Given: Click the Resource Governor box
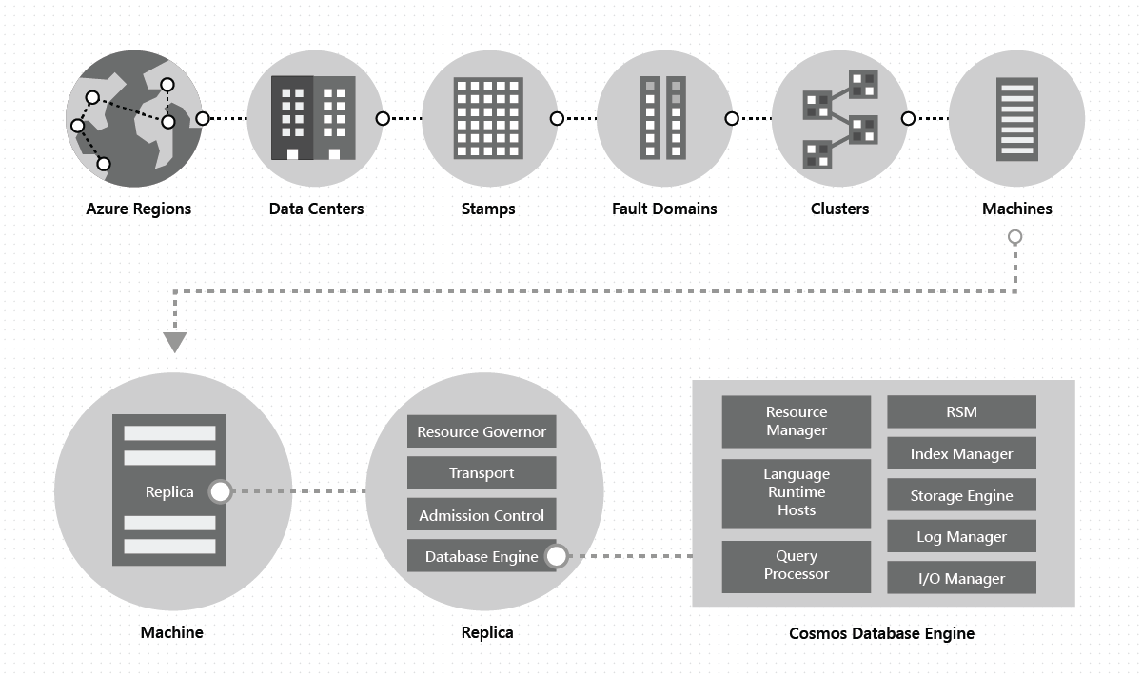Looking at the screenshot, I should pyautogui.click(x=482, y=431).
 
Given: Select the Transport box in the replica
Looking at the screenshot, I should pyautogui.click(x=482, y=473).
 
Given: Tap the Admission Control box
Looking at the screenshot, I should pyautogui.click(x=482, y=515).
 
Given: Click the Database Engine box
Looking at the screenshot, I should pyautogui.click(x=476, y=556).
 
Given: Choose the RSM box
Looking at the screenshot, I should pyautogui.click(x=961, y=412).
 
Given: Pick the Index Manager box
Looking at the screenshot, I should pyautogui.click(x=961, y=454).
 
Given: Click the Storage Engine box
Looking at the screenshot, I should pyautogui.click(x=961, y=495).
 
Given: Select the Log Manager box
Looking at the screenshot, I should pyautogui.click(x=961, y=537).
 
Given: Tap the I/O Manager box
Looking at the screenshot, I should pyautogui.click(x=961, y=578).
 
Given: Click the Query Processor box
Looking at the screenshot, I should pyautogui.click(x=797, y=566).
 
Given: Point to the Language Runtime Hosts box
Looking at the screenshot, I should pyautogui.click(x=797, y=492).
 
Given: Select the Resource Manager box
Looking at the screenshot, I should pyautogui.click(x=797, y=421).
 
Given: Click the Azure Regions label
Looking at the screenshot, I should pyautogui.click(x=139, y=209).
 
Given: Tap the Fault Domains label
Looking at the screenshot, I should pyautogui.click(x=664, y=209).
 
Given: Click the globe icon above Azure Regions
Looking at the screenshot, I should pyautogui.click(x=134, y=118).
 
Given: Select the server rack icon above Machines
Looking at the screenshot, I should pyautogui.click(x=1016, y=118).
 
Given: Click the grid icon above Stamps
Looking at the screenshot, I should pyautogui.click(x=488, y=118).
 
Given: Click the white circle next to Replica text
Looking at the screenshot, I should pyautogui.click(x=221, y=491).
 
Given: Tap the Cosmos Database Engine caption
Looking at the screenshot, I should pyautogui.click(x=882, y=633).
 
